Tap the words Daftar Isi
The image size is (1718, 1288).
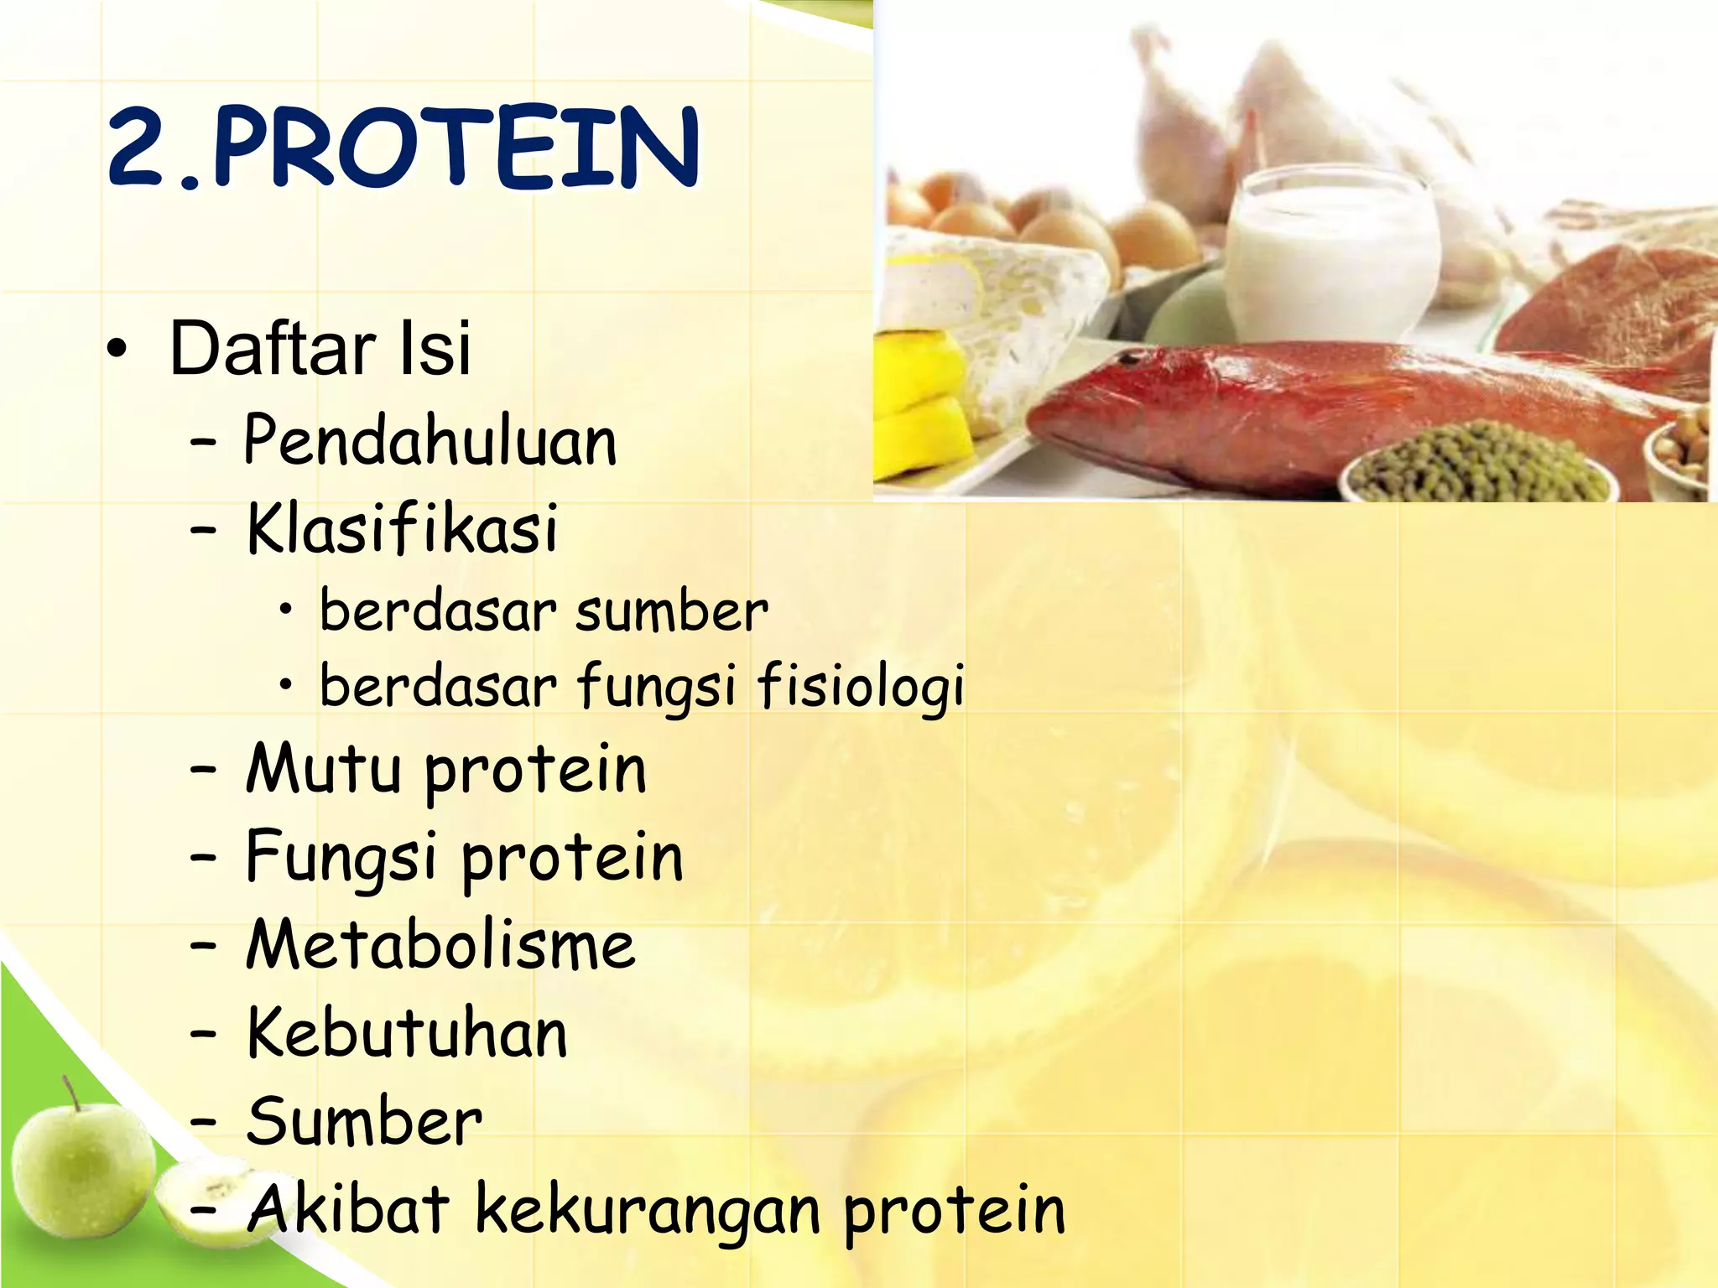tap(320, 348)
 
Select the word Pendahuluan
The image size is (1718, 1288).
tap(430, 441)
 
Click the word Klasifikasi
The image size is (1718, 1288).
tap(403, 529)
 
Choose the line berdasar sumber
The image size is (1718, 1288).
tap(544, 611)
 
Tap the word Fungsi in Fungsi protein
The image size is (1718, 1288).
tap(341, 858)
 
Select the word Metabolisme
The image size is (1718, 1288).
tap(440, 946)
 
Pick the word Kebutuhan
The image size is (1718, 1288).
tap(408, 1034)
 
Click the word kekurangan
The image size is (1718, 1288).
tap(648, 1210)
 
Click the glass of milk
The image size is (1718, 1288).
tap(1332, 256)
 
